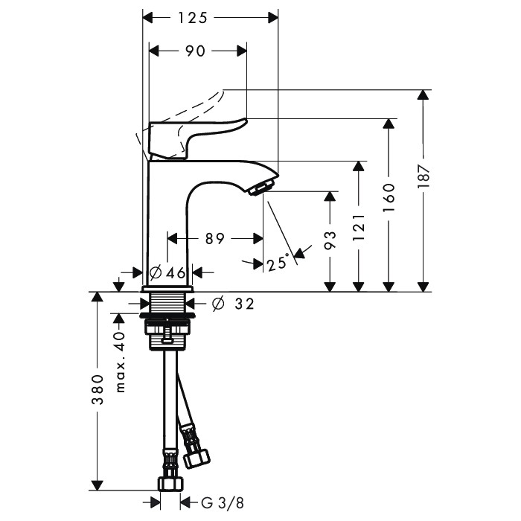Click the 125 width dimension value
click(x=193, y=18)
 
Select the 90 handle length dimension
click(x=195, y=51)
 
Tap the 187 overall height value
click(x=423, y=176)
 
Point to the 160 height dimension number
click(x=389, y=197)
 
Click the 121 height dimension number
click(x=359, y=228)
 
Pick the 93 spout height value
click(x=330, y=240)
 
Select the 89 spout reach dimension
click(x=215, y=239)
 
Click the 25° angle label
click(x=277, y=263)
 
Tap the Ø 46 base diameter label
click(x=167, y=273)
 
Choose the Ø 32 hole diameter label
click(x=233, y=304)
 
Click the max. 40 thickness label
click(x=120, y=362)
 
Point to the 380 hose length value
click(x=98, y=389)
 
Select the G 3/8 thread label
click(x=223, y=503)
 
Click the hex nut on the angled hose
click(x=197, y=458)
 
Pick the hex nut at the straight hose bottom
click(x=170, y=484)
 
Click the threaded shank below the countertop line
click(x=167, y=302)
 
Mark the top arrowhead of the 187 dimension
click(x=423, y=95)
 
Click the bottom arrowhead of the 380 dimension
click(x=97, y=485)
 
